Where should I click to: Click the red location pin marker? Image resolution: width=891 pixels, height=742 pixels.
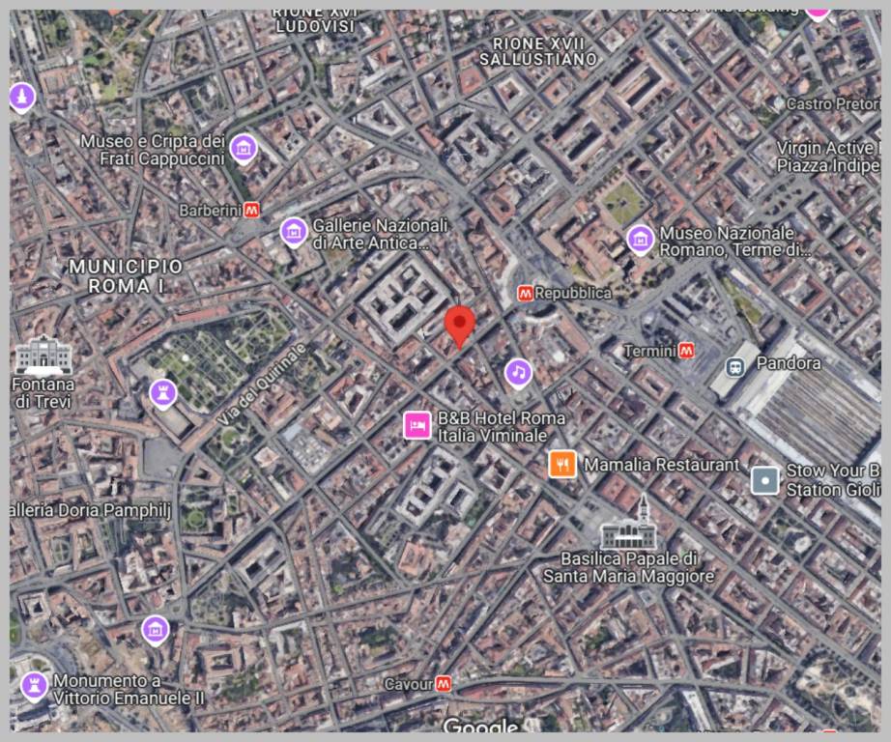point(460,325)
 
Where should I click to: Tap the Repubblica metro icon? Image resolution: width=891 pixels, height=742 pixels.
point(525,293)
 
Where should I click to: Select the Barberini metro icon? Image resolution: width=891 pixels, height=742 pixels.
point(252,209)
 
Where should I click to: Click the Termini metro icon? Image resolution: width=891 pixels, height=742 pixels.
point(686,350)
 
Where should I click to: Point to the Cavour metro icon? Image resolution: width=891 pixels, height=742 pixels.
point(444,683)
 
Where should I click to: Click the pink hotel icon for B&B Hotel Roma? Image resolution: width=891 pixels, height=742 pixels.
point(417,424)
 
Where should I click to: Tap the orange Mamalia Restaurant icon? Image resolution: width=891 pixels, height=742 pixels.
point(562,465)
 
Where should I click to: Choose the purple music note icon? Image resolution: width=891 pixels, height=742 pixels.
point(519,372)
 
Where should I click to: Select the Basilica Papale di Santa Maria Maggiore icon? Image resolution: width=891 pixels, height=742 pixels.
point(629,528)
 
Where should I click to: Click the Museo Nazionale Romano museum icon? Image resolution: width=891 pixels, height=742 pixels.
point(640,239)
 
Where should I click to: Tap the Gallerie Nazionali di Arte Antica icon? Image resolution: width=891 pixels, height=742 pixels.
point(293,231)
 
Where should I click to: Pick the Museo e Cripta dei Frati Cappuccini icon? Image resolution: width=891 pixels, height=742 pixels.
point(244,148)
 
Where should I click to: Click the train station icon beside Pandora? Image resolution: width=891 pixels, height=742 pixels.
point(735,366)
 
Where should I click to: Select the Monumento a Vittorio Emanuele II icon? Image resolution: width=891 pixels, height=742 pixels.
point(34,687)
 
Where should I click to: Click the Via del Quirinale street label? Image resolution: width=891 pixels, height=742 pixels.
point(261,384)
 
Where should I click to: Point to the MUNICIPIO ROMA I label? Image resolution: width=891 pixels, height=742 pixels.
point(126,275)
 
